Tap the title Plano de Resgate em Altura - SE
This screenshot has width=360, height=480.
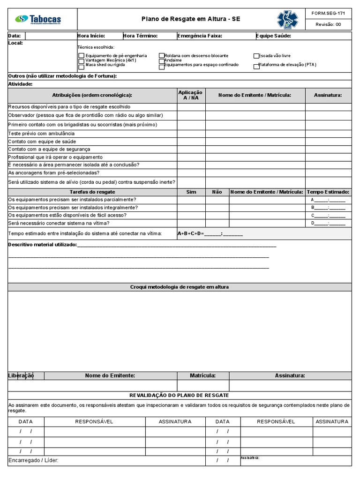(x=191, y=19)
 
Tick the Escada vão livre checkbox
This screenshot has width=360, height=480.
(x=256, y=56)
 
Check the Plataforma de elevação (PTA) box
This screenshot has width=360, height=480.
(x=256, y=66)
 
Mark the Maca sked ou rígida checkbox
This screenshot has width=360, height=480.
(x=82, y=66)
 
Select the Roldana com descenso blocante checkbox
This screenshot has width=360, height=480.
(x=161, y=56)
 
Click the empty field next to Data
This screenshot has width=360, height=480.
(x=50, y=36)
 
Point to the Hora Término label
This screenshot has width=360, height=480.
(x=140, y=36)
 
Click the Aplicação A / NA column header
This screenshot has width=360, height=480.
(x=191, y=95)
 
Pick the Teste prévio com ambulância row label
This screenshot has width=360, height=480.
(x=41, y=134)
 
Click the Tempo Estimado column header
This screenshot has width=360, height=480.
(x=328, y=192)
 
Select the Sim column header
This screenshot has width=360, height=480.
(x=191, y=192)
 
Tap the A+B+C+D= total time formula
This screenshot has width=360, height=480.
(x=210, y=233)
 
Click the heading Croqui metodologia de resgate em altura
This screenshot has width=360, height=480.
(x=180, y=287)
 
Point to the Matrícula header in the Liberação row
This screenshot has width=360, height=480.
(x=202, y=375)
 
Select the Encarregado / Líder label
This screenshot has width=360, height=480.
(x=33, y=461)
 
